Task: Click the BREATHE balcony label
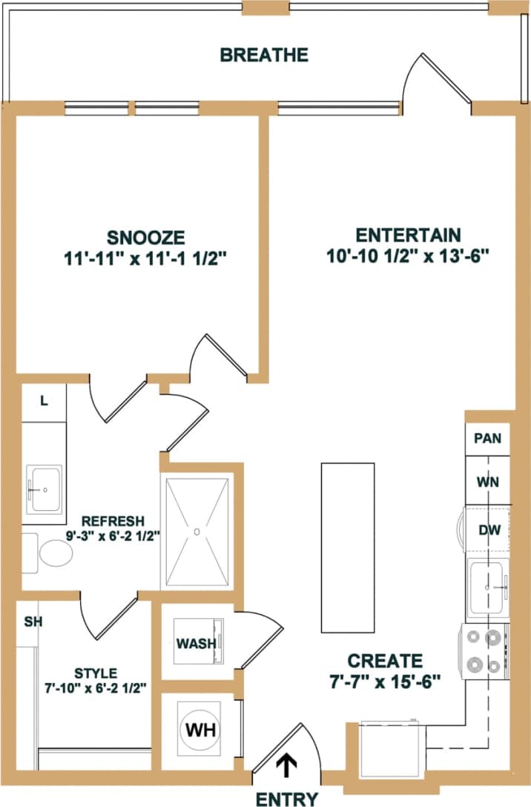tap(264, 54)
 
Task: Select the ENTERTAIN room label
tap(409, 235)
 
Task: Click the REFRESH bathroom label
tap(113, 520)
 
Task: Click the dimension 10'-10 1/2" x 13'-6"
tap(409, 256)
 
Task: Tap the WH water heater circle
tap(200, 729)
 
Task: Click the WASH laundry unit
tap(197, 643)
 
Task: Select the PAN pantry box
tap(487, 438)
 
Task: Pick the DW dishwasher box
tap(487, 530)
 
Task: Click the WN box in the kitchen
tap(487, 482)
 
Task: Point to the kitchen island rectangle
tap(347, 547)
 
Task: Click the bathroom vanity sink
tap(45, 490)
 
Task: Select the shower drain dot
tap(197, 531)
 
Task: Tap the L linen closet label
tap(44, 401)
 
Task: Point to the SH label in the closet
tap(32, 621)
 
